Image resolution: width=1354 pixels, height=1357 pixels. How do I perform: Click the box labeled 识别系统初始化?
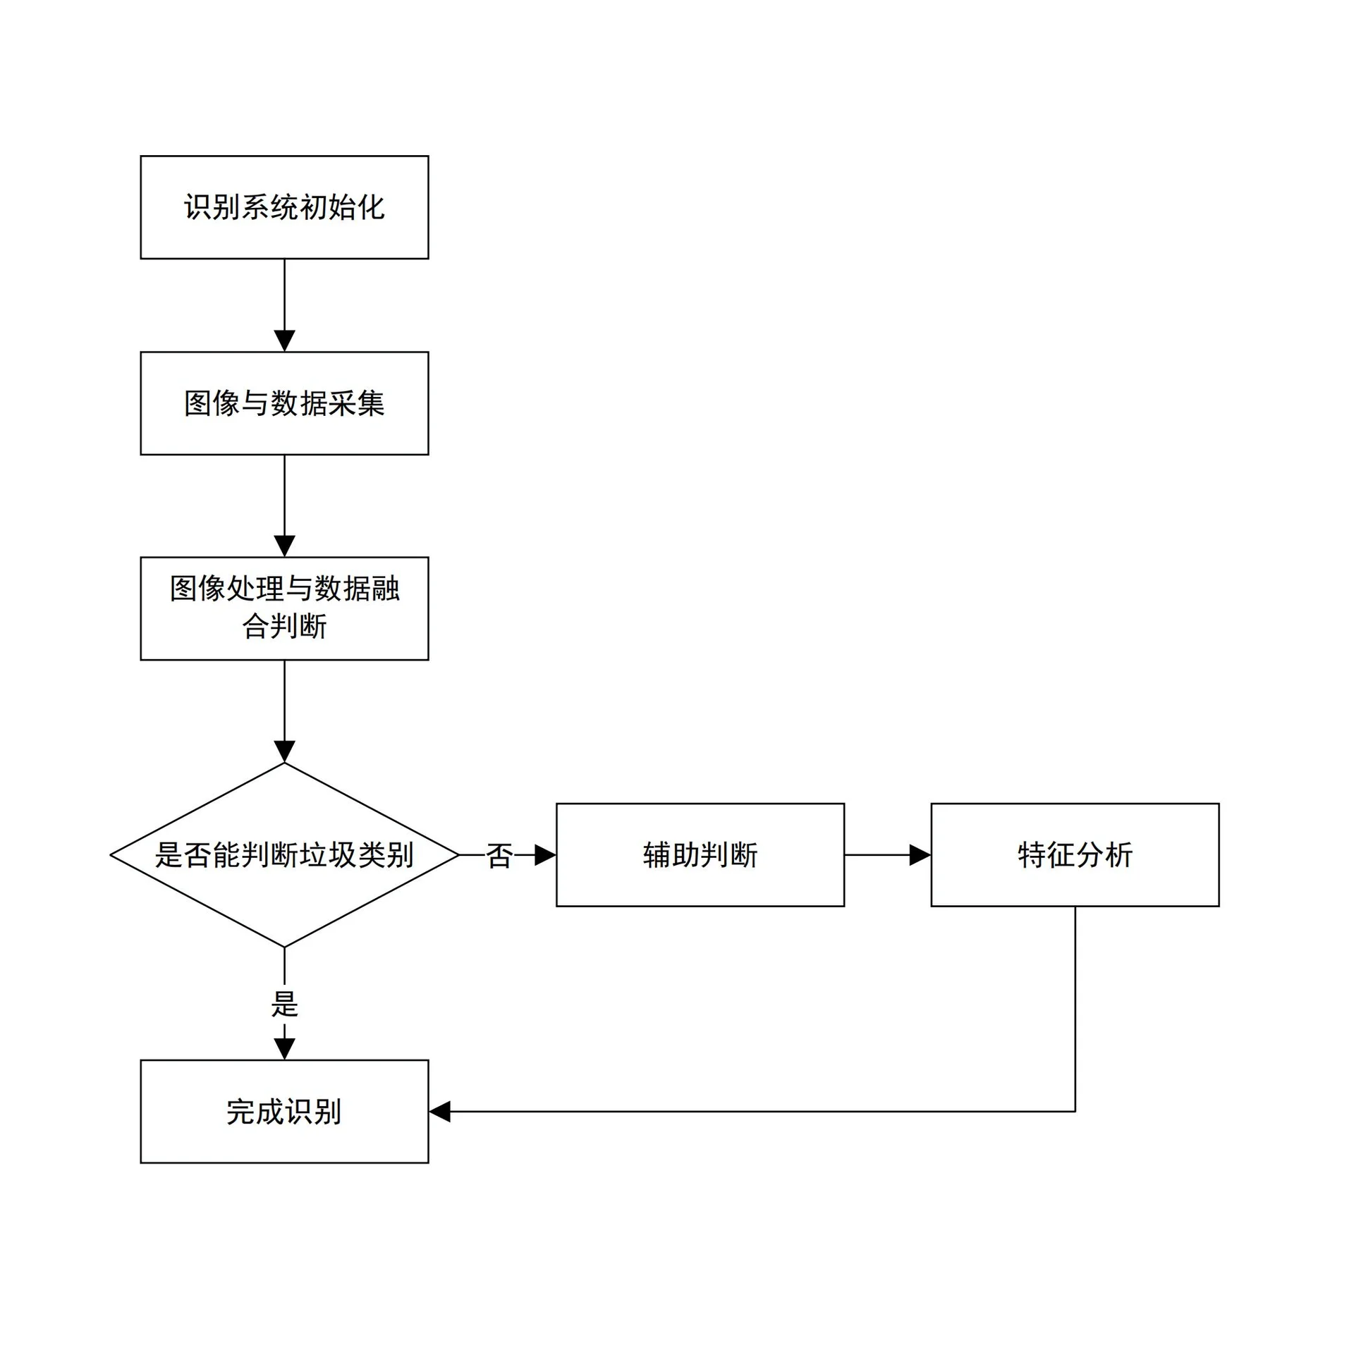tap(284, 207)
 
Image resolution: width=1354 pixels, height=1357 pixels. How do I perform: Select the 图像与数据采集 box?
tap(284, 403)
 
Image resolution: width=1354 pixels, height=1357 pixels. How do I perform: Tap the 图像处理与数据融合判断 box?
tap(284, 608)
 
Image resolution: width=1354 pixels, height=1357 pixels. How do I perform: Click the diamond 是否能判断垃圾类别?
tap(284, 855)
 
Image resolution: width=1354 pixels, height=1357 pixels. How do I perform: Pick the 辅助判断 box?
tap(700, 855)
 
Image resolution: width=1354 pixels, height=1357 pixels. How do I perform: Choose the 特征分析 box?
tap(1075, 855)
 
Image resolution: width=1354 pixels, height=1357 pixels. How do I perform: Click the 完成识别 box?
tap(284, 1112)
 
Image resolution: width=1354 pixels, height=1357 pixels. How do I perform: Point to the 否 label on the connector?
tap(499, 856)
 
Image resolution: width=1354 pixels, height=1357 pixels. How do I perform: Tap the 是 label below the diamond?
tap(284, 1005)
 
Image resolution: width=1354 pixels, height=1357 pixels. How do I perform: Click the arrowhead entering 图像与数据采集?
tap(284, 342)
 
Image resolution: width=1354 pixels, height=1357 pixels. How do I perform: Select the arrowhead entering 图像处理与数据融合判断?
tap(284, 547)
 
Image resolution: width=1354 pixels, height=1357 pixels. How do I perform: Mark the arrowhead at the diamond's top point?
tap(284, 752)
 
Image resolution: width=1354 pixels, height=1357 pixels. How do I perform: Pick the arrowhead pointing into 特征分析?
tap(920, 855)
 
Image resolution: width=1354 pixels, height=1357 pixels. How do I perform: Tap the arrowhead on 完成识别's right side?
tap(439, 1112)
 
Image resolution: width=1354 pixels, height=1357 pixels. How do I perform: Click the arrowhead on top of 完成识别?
tap(284, 1050)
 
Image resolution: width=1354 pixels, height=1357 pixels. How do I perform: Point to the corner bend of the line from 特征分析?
tap(1075, 1112)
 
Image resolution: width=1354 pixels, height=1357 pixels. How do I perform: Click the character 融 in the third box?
tap(386, 589)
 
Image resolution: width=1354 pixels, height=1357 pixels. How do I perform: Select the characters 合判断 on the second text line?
tap(284, 627)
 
